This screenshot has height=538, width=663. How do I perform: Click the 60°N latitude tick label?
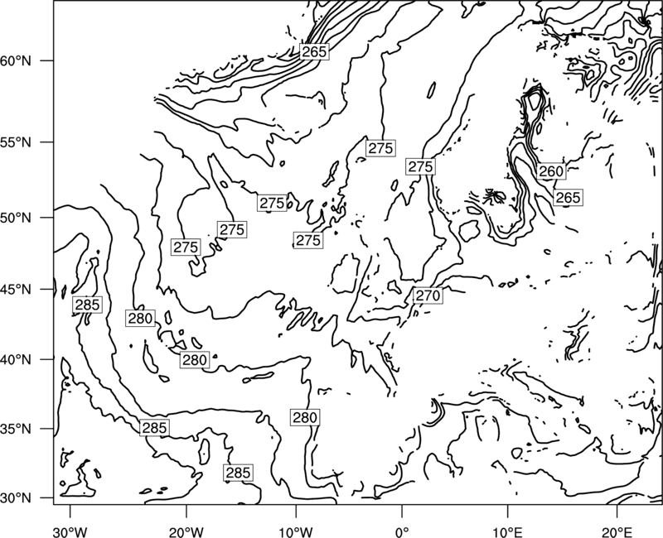pos(16,60)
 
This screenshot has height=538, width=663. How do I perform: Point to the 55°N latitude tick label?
pos(16,142)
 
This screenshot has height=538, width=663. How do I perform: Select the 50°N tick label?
pos(16,218)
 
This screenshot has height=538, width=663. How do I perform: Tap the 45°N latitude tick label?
pos(16,289)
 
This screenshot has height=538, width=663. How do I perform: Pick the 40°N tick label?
pos(16,359)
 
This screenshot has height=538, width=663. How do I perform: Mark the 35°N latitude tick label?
pos(16,429)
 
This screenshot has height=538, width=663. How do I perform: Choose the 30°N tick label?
pos(16,498)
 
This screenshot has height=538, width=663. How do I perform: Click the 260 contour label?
pos(551,171)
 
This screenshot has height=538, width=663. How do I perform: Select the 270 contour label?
pos(428,295)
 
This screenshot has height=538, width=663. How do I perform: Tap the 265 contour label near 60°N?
pos(315,51)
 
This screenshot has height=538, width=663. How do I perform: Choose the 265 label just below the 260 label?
pos(568,198)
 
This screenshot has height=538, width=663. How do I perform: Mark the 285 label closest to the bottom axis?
pos(238,473)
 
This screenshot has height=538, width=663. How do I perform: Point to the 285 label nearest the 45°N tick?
pos(87,305)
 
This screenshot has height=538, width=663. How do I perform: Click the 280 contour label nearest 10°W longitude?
pos(304,417)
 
